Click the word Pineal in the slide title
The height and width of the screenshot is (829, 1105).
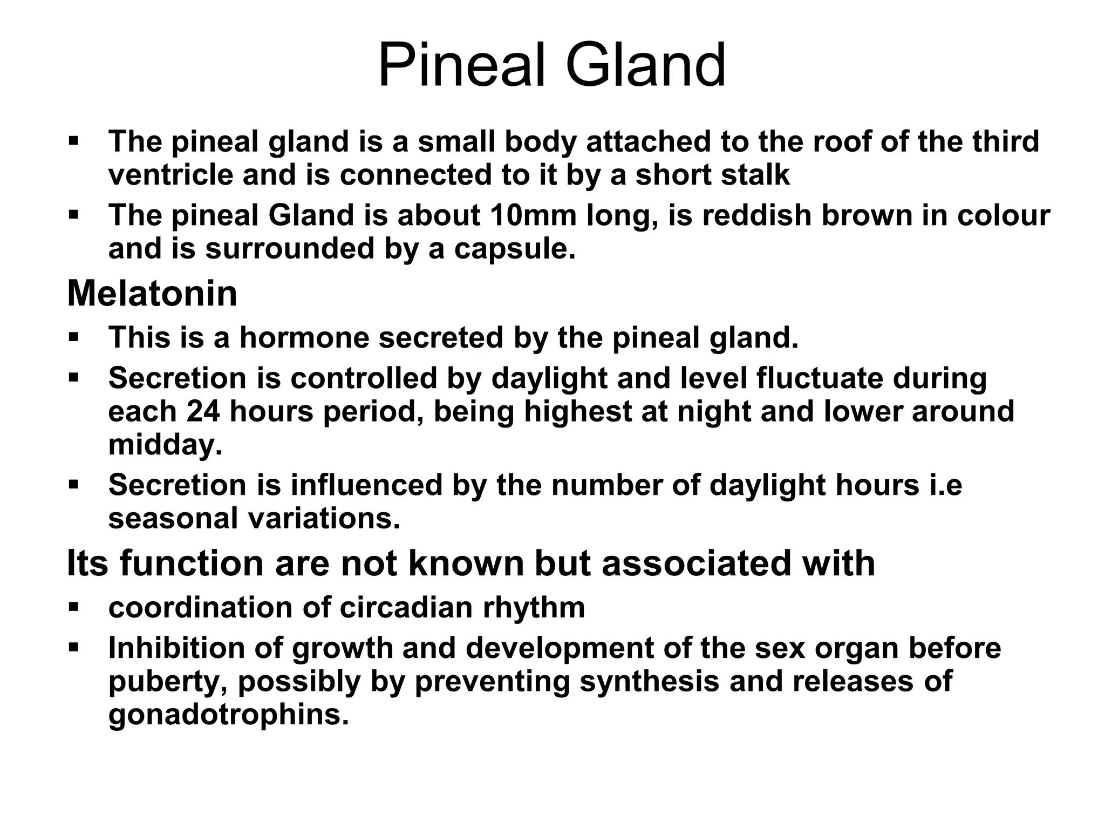click(x=464, y=66)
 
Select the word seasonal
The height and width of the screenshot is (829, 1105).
click(x=173, y=519)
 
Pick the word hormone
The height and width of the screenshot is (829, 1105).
click(x=304, y=337)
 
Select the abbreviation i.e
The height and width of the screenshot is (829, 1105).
click(x=945, y=485)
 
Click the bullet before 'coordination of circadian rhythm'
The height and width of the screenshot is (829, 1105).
click(x=74, y=607)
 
